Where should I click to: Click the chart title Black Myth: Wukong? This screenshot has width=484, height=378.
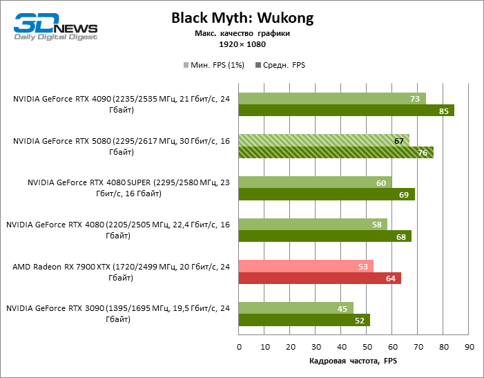pyautogui.click(x=242, y=19)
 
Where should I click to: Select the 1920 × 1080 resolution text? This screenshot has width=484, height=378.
pyautogui.click(x=242, y=44)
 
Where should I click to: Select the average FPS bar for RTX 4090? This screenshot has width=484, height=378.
pyautogui.click(x=346, y=111)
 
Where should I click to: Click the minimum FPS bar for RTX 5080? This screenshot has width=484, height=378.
pyautogui.click(x=324, y=140)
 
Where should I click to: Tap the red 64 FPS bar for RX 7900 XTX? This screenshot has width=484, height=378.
pyautogui.click(x=320, y=278)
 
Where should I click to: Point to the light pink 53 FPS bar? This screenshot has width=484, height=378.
pyautogui.click(x=306, y=266)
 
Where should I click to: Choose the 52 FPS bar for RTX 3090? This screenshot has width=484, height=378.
pyautogui.click(x=304, y=320)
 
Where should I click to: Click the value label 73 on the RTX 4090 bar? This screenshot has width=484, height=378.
pyautogui.click(x=416, y=99)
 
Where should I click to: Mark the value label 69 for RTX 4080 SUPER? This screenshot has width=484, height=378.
pyautogui.click(x=403, y=195)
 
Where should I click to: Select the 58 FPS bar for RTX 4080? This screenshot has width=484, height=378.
pyautogui.click(x=312, y=224)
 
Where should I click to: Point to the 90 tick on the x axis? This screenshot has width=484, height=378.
pyautogui.click(x=469, y=346)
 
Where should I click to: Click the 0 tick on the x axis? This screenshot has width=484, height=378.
pyautogui.click(x=238, y=346)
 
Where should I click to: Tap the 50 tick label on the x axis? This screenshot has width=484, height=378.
pyautogui.click(x=367, y=346)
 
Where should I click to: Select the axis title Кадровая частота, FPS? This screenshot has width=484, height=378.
pyautogui.click(x=352, y=361)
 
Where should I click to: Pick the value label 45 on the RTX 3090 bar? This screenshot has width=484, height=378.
pyautogui.click(x=343, y=308)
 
